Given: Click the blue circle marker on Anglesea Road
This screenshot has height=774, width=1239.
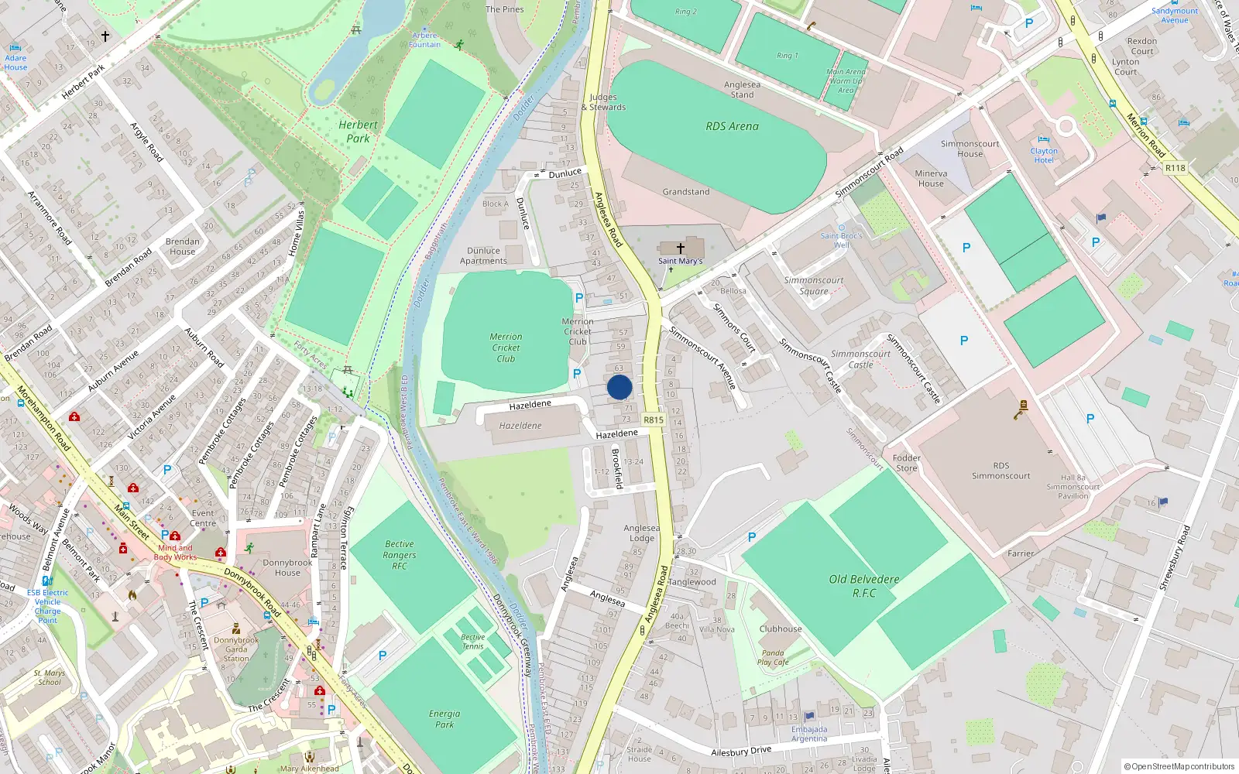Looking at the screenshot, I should pos(619,387).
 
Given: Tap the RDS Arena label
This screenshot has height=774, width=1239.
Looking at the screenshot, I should pos(732,126).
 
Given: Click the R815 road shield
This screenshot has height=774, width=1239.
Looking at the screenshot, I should pos(654,420).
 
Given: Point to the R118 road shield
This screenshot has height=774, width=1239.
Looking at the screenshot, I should pos(1175,168).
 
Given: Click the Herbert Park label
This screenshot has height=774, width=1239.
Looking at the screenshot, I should pos(358,132).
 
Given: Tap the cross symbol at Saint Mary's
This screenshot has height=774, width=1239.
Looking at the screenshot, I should pos(681,248).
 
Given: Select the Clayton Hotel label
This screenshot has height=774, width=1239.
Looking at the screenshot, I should pos(1043,156).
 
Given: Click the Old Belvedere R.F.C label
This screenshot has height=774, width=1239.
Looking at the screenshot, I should pos(864,586).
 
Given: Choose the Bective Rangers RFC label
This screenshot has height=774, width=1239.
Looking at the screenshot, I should pos(400,555).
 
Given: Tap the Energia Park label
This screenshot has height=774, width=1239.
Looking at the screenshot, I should pos(444,719).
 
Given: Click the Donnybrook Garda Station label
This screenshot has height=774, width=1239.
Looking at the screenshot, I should pos(236,649).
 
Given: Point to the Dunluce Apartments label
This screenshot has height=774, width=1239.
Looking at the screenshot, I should pos(483,256).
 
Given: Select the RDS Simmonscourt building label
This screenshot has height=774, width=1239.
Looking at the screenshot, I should pos(1000,471).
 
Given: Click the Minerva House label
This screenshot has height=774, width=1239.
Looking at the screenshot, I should pos(931,179).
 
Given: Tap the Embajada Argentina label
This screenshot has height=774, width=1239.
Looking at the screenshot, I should pos(809,734).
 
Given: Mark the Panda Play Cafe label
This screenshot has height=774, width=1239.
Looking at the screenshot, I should pos(773,657).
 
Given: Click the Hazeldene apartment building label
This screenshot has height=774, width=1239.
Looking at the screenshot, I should pos(520,426).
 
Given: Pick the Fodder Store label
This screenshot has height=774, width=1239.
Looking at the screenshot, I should pos(906,463).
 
